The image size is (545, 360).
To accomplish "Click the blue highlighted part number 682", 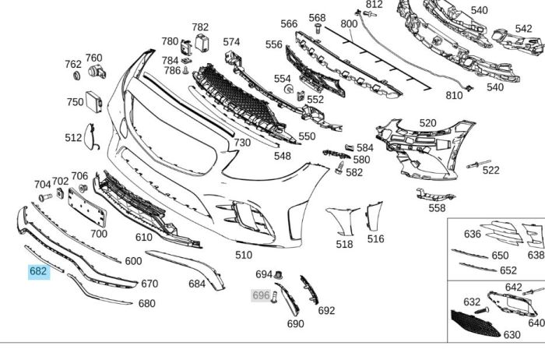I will pyautogui.click(x=38, y=272).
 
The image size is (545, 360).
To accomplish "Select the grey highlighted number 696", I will pyautogui.click(x=261, y=296).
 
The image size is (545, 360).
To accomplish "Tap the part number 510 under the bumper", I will pyautogui.click(x=244, y=255).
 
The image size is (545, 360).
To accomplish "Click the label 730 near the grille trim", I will pyautogui.click(x=242, y=143).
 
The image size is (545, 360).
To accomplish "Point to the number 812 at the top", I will pyautogui.click(x=374, y=5).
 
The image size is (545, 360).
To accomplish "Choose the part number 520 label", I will pyautogui.click(x=427, y=123).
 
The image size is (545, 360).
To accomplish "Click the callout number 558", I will pyautogui.click(x=437, y=208).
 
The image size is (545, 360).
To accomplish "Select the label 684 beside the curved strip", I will pyautogui.click(x=196, y=284).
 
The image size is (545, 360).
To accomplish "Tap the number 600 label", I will pyautogui.click(x=133, y=262).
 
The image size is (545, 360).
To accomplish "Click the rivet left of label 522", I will pyautogui.click(x=472, y=164).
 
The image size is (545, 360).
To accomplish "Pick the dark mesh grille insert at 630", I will pyautogui.click(x=476, y=322).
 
